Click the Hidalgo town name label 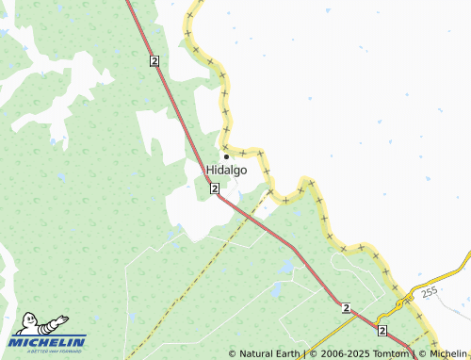coord(226,170)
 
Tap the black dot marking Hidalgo coord(226,156)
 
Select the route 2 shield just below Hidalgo coord(216,189)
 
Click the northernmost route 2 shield coord(154,60)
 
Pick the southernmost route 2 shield coord(382,331)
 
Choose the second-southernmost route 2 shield coord(347,308)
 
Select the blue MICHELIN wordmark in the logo coord(50,341)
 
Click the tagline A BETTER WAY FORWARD coord(49,352)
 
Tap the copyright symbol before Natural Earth coord(232,354)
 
